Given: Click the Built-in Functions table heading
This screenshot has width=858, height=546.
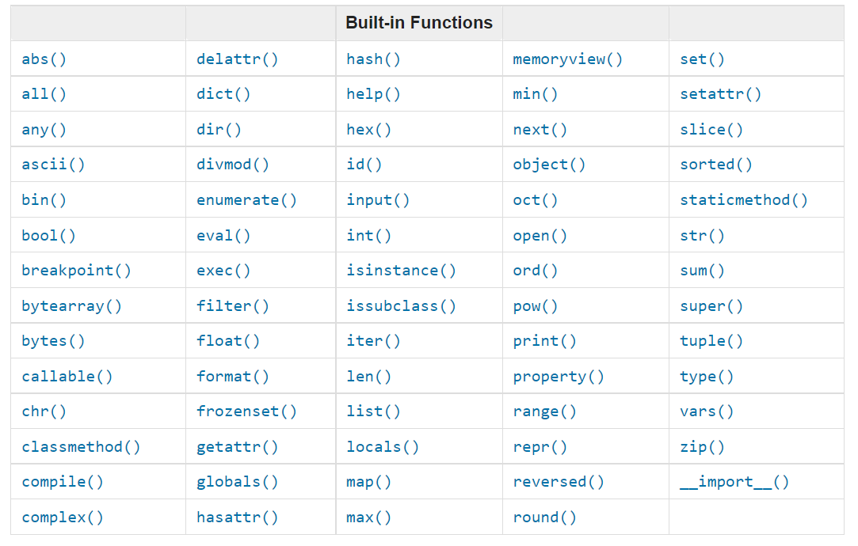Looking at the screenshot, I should [418, 23].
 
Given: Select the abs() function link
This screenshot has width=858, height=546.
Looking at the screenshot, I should [44, 59].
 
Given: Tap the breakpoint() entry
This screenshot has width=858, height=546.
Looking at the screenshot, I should [76, 271].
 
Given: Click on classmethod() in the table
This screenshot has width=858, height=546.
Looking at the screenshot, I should [81, 447].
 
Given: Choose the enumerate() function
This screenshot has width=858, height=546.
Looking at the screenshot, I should [246, 200].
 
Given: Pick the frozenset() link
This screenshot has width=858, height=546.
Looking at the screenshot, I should [246, 411].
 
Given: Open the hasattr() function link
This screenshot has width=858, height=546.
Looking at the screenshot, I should [237, 518].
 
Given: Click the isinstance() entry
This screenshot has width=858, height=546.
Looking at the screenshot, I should [401, 271].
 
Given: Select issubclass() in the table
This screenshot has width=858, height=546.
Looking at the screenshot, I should [401, 306].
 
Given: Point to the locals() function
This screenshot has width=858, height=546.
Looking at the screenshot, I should [383, 447].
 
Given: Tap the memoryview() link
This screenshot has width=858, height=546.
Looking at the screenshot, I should [567, 59].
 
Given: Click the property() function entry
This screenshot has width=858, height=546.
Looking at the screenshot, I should [558, 377].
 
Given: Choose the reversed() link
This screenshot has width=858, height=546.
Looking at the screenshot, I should [558, 482].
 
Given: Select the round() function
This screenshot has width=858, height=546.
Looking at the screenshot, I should [544, 518].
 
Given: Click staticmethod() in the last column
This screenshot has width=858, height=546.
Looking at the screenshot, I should [743, 200].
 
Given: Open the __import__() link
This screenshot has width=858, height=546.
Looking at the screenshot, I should [734, 482].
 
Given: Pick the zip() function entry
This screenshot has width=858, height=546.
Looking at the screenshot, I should [702, 447].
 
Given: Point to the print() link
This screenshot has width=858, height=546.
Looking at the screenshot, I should [544, 341].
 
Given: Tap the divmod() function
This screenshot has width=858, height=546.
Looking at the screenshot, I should [232, 165].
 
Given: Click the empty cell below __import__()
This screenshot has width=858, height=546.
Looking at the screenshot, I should [756, 518].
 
